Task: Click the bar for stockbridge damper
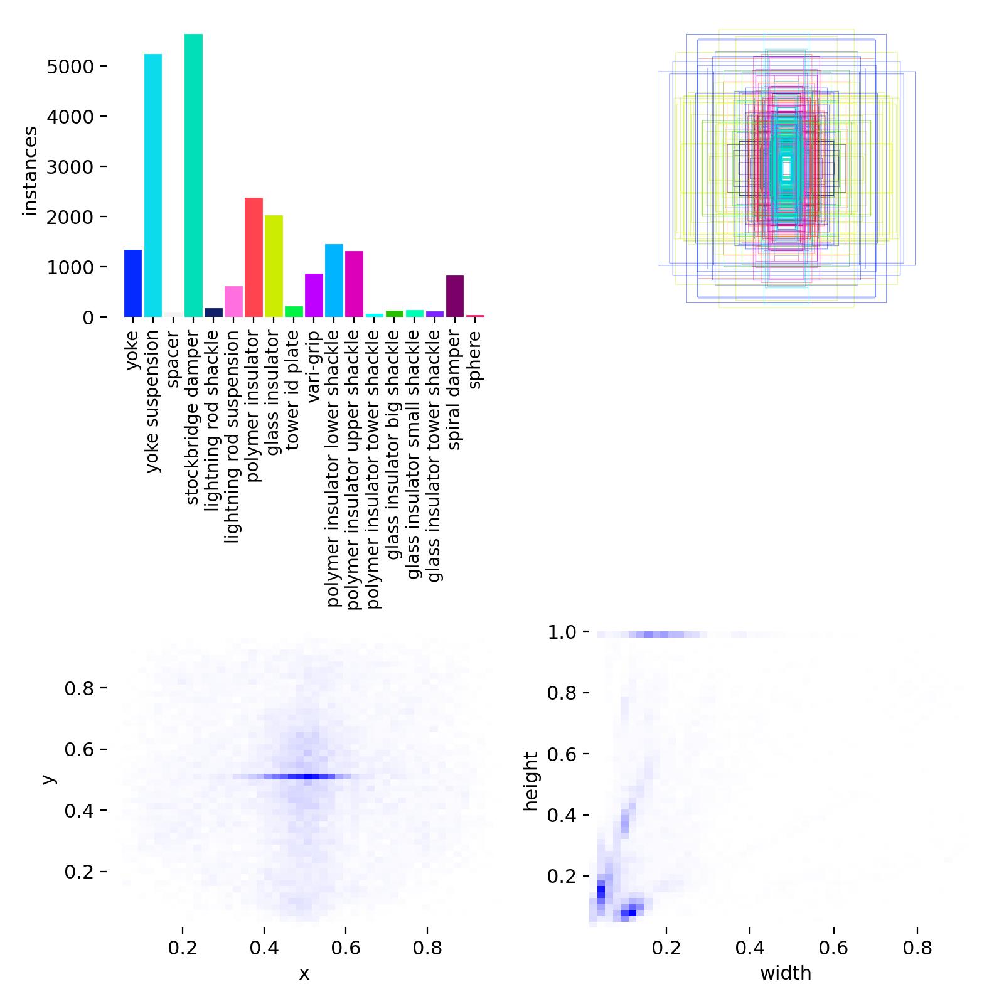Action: click(x=193, y=176)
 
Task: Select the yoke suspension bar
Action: click(x=153, y=185)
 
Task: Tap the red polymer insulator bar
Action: click(x=254, y=257)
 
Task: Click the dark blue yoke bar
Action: click(x=133, y=284)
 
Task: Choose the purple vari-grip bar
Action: click(x=314, y=295)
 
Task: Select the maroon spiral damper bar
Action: click(x=455, y=296)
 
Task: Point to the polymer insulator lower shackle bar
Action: click(x=334, y=280)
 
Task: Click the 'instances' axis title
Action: click(x=29, y=171)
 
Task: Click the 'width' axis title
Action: click(x=786, y=973)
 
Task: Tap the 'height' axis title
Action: click(x=531, y=781)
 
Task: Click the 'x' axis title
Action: click(x=304, y=973)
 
